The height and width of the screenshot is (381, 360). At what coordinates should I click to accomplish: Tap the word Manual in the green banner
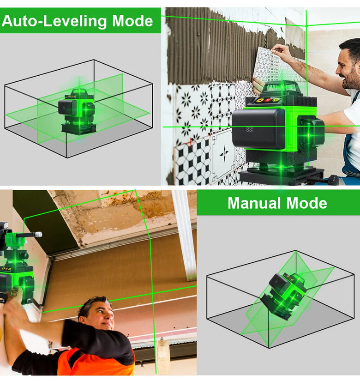click(x=255, y=203)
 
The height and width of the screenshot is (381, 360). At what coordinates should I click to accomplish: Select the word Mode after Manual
click(x=307, y=203)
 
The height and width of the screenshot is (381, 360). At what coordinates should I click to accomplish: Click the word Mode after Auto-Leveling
click(x=132, y=21)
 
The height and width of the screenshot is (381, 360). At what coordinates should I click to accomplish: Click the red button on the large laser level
click(x=268, y=100)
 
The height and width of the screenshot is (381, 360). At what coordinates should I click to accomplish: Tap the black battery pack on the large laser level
click(x=258, y=128)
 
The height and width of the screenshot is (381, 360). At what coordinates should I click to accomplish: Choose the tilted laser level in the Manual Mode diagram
click(x=284, y=296)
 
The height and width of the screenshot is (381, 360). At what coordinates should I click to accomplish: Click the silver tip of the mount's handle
click(x=38, y=235)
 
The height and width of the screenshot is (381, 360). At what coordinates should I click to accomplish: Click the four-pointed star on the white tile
click(x=224, y=153)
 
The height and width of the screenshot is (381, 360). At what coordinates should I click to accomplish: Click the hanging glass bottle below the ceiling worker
click(x=163, y=355)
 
